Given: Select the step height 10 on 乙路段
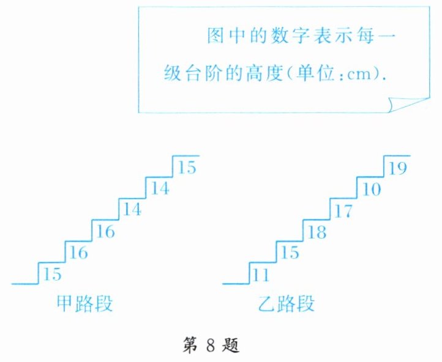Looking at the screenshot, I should [x=371, y=190].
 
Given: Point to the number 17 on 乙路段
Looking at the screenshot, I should [x=345, y=211].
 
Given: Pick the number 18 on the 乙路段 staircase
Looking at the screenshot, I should [x=317, y=232].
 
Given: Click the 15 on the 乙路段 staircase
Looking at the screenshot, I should [x=290, y=253].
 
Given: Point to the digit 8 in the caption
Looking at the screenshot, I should [x=209, y=347].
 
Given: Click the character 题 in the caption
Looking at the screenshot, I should [x=232, y=346].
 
